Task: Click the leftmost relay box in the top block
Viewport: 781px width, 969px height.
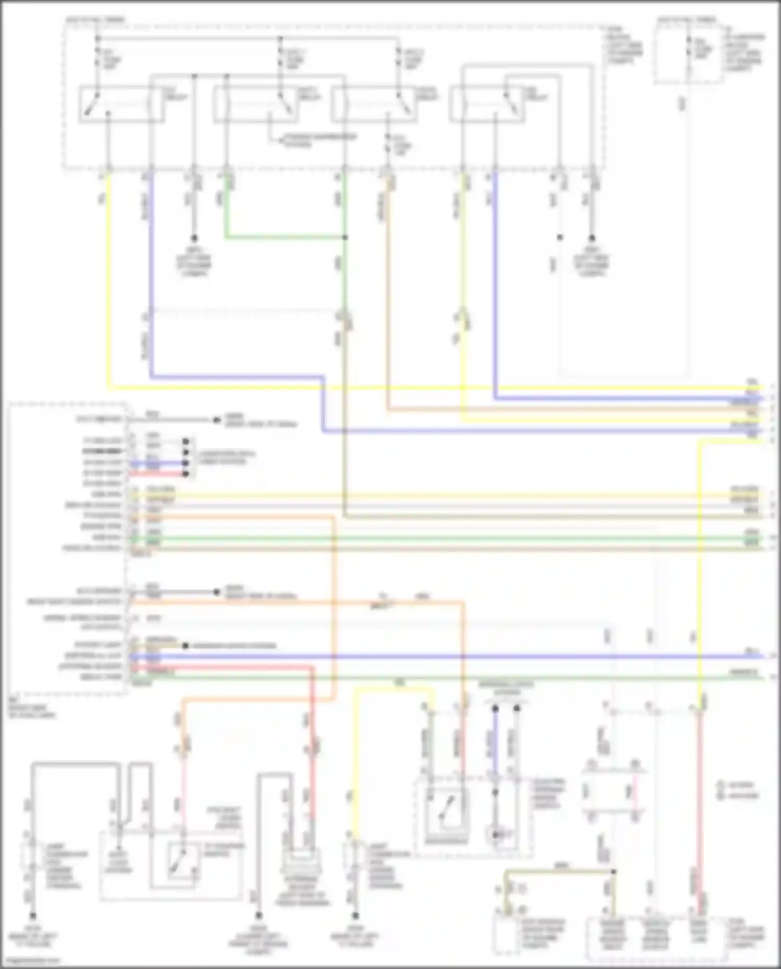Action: (121, 105)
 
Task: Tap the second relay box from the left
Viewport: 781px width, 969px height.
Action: (255, 105)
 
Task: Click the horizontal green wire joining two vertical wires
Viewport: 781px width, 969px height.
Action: (285, 238)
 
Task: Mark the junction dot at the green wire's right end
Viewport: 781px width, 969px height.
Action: (345, 238)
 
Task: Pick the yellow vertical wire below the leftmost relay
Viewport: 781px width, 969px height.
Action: (108, 281)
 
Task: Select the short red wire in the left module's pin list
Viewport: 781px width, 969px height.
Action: (156, 474)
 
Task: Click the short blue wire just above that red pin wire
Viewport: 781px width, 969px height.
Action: (156, 462)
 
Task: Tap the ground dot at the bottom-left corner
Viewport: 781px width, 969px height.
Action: (33, 915)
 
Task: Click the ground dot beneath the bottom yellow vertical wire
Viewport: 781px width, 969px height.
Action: (356, 915)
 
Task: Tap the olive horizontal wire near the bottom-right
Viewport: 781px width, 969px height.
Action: (560, 871)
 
